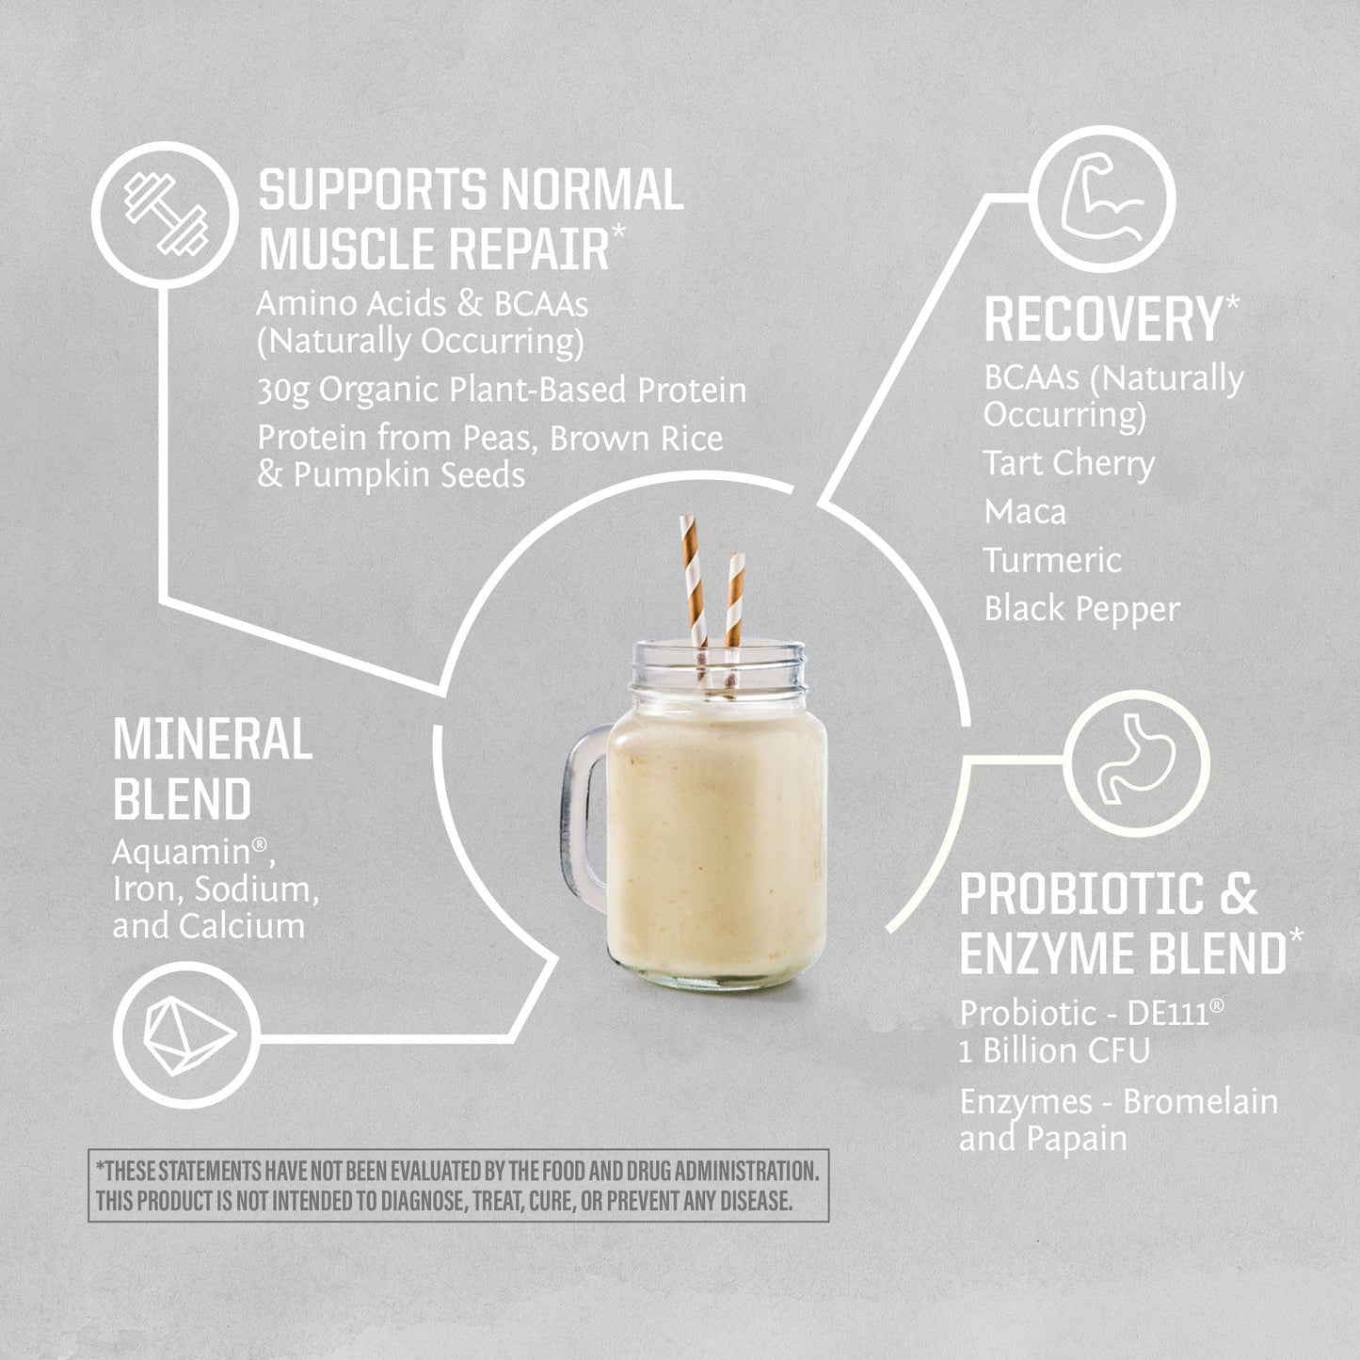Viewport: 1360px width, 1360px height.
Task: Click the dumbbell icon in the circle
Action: [166, 215]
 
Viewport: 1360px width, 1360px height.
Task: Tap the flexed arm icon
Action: [1105, 200]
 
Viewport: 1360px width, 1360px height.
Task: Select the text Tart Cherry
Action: [1068, 464]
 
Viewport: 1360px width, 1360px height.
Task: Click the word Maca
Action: [1025, 512]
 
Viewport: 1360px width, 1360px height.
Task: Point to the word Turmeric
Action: [1052, 560]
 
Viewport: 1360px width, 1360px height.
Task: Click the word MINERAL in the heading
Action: [213, 739]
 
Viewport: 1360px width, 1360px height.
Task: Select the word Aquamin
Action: [182, 853]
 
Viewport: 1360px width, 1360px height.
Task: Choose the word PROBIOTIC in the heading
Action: [1082, 893]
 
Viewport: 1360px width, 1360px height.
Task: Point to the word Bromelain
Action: [1201, 1102]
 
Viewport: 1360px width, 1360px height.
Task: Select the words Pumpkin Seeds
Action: [409, 475]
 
